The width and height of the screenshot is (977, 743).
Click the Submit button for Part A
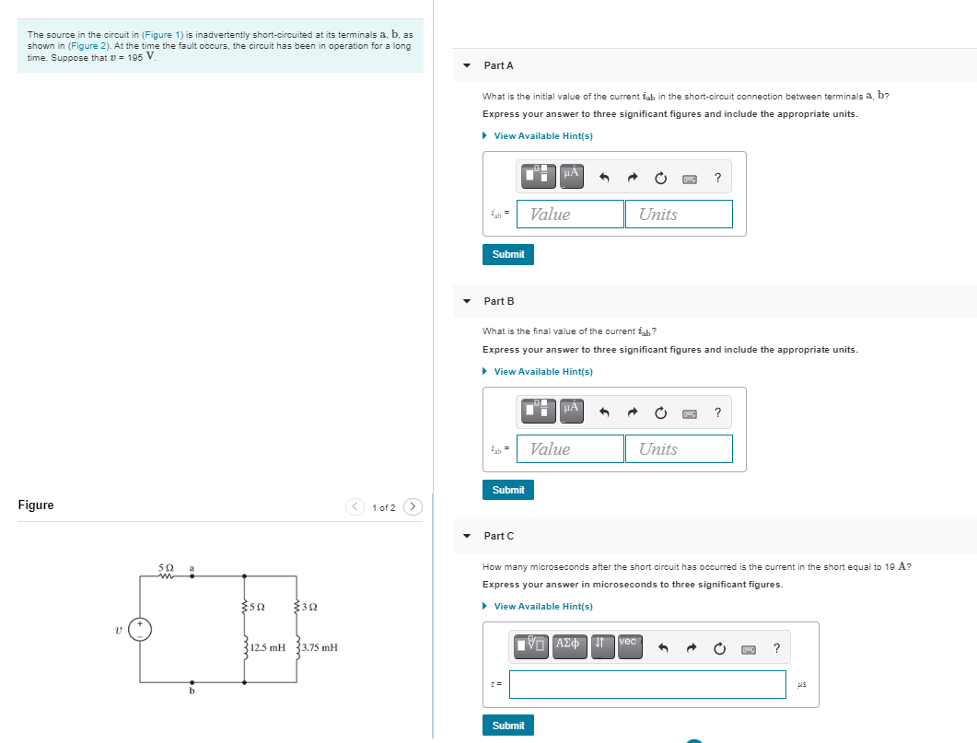click(507, 254)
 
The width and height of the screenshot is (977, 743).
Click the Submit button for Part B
click(507, 490)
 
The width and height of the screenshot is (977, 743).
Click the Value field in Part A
click(570, 215)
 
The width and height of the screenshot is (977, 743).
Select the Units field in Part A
click(679, 215)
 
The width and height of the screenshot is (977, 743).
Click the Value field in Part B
click(570, 449)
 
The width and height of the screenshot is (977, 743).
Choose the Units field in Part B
click(679, 449)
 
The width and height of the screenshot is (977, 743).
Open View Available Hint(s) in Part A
click(542, 136)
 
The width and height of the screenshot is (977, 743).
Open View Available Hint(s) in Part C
click(542, 607)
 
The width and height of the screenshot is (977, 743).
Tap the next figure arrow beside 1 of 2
click(413, 507)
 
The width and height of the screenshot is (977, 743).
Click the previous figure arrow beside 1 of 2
click(355, 507)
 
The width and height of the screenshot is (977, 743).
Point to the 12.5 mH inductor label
click(268, 647)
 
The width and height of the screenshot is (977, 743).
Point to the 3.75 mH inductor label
click(319, 647)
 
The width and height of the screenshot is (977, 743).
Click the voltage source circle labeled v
click(142, 630)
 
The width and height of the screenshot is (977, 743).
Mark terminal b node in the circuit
click(192, 682)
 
